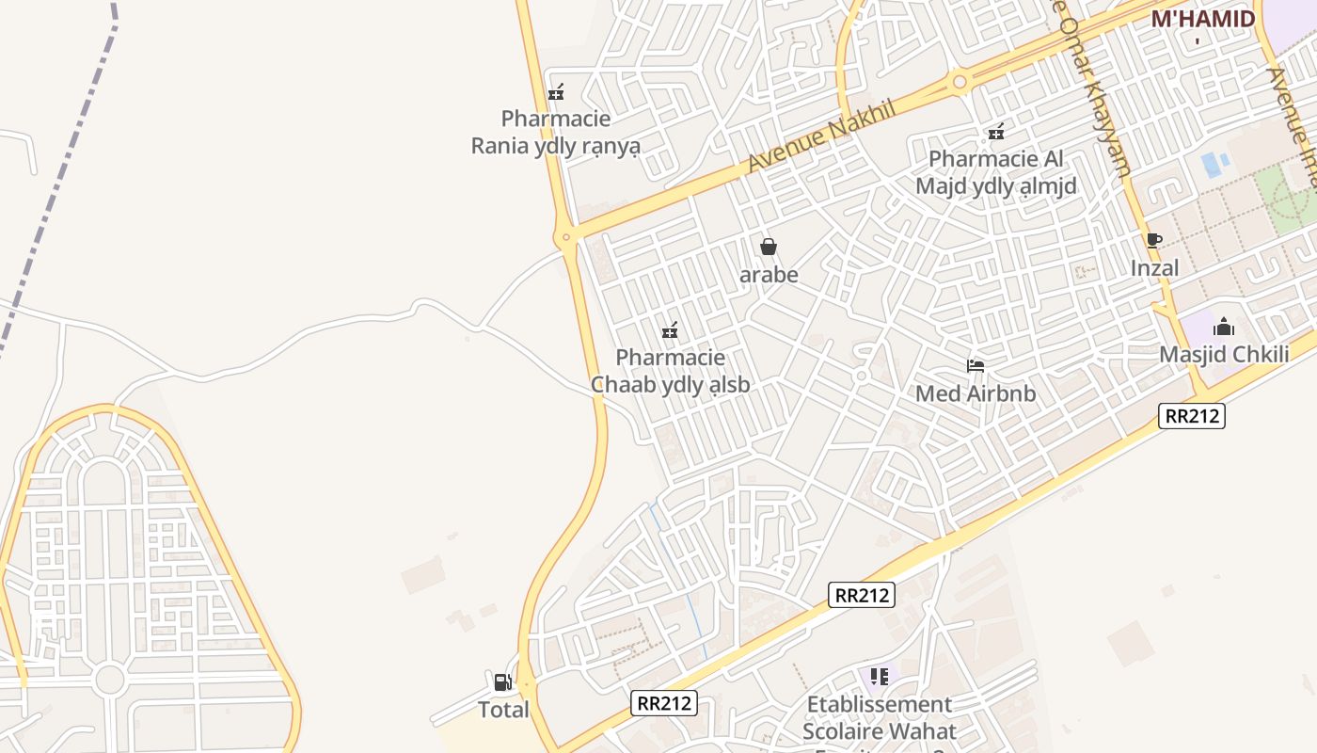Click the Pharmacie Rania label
tap(555, 133)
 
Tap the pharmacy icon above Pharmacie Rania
tap(556, 92)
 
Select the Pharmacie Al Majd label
tap(996, 172)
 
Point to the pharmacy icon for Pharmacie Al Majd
tap(995, 132)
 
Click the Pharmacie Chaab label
tap(671, 371)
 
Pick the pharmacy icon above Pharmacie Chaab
tap(670, 330)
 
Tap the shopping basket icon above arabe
tap(769, 247)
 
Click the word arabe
tap(769, 275)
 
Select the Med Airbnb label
tap(976, 393)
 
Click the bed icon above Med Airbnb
tap(976, 365)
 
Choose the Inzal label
tap(1154, 268)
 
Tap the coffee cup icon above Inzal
tap(1153, 240)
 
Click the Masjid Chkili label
tap(1223, 355)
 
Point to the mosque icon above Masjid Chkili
tap(1223, 327)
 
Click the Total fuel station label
tap(503, 710)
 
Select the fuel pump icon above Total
tap(503, 682)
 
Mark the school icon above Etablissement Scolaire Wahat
tap(880, 676)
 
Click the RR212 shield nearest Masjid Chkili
tap(1191, 415)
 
